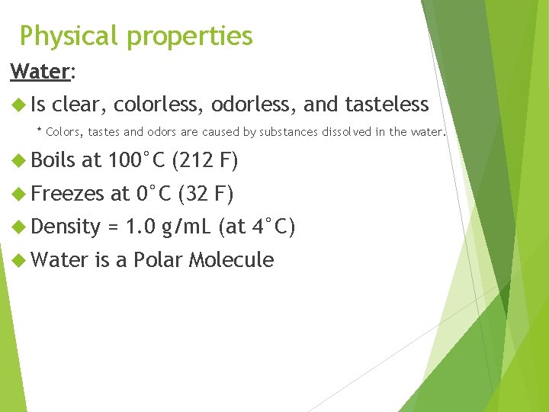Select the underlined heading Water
[x=40, y=72]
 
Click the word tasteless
[x=387, y=105]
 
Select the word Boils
[x=54, y=161]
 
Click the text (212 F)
[x=206, y=161]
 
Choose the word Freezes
[x=69, y=194]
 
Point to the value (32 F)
[x=205, y=194]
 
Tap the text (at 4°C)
[x=256, y=227]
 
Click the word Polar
[x=158, y=260]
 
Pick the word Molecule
[x=231, y=260]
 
